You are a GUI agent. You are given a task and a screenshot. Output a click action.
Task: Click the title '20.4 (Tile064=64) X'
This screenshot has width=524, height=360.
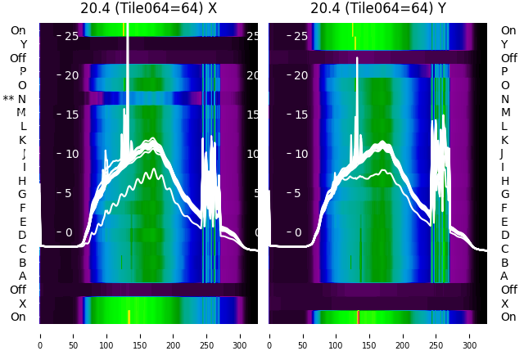point(148,8)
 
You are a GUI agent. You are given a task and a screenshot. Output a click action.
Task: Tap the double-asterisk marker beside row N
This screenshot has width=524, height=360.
point(9,99)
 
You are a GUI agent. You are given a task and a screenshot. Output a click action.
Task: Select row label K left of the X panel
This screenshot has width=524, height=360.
point(23,140)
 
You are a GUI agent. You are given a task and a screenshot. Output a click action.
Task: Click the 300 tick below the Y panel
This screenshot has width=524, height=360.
point(470,335)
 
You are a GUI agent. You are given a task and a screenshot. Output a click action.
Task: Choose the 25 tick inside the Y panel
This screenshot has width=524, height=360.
point(300,36)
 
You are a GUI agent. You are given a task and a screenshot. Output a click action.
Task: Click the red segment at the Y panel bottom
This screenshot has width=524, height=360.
point(359,317)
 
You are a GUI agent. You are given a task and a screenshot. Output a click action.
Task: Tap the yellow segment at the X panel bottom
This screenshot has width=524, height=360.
point(129,317)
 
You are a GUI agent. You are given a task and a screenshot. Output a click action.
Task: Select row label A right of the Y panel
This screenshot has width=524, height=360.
point(504,276)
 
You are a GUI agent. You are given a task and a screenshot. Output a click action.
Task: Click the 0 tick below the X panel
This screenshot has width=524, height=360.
point(40,335)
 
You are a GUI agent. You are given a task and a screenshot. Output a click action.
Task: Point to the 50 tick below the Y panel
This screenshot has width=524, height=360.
point(303,335)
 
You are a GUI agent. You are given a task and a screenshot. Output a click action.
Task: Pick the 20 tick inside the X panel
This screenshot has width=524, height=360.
point(70,75)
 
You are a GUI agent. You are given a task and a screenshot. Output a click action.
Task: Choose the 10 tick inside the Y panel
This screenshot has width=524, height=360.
point(300,154)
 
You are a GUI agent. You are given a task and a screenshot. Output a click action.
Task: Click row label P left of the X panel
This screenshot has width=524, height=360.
point(23,71)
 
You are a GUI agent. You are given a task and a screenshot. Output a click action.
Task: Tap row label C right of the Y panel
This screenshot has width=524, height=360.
point(504,249)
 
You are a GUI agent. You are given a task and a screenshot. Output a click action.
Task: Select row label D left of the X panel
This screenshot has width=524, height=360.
point(23,235)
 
